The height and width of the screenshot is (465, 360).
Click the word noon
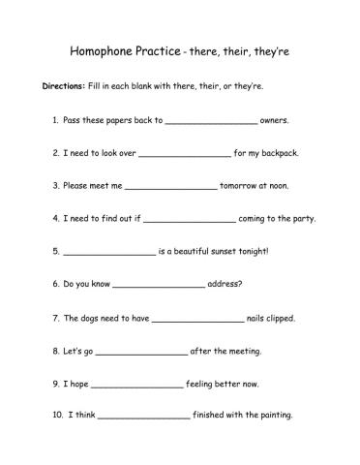pos(289,185)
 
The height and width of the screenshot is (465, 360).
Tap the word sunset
pos(222,251)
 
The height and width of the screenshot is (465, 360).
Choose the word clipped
pos(279,317)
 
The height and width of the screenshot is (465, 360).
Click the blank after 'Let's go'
pos(141,352)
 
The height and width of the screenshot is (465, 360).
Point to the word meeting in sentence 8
pos(242,350)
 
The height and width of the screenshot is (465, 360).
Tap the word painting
pos(274,416)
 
